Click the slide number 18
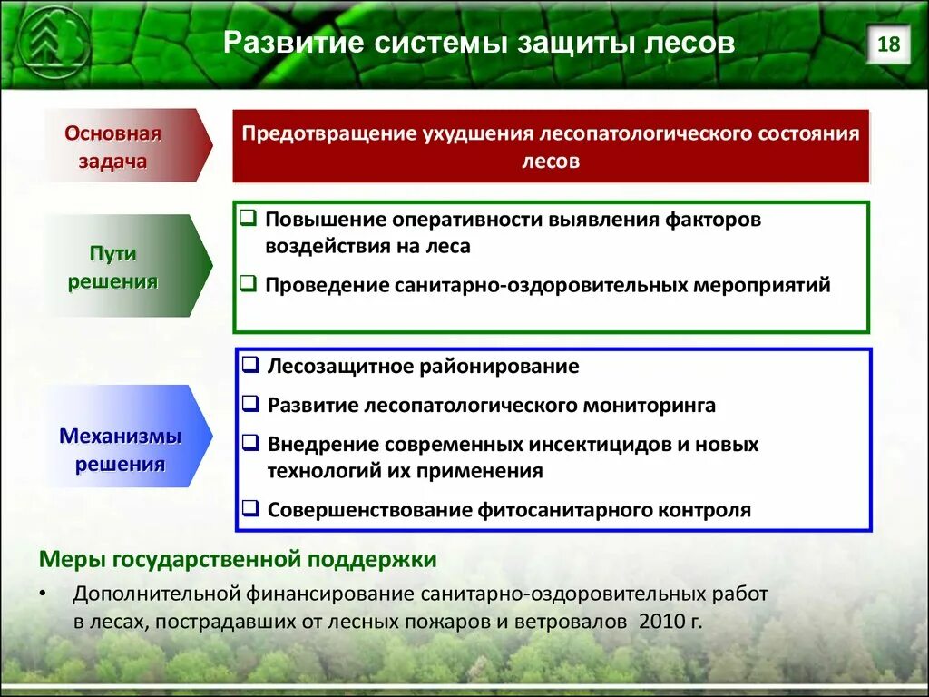(x=888, y=44)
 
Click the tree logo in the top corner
(x=54, y=42)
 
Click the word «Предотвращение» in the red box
(x=328, y=133)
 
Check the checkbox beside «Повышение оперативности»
(x=249, y=218)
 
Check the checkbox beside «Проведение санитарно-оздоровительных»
(x=249, y=283)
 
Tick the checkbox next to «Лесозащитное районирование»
(x=250, y=364)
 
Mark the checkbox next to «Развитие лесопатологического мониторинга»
(x=250, y=403)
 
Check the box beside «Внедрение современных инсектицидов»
(x=250, y=442)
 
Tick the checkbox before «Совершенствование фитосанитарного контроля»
(x=250, y=508)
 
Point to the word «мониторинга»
(x=650, y=406)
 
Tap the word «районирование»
(x=500, y=367)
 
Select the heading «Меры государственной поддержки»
(x=238, y=559)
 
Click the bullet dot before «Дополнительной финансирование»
(x=42, y=594)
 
